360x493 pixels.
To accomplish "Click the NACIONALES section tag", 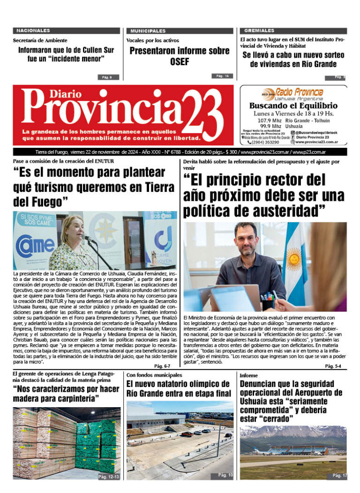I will [x=33, y=30].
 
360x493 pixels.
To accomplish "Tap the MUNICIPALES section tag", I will [x=148, y=30].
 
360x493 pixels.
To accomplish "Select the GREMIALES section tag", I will [x=257, y=30].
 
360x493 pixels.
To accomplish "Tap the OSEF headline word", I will [x=180, y=61].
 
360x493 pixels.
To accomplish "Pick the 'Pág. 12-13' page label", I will [x=109, y=477].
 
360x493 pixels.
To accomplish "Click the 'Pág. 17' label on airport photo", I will [x=339, y=476].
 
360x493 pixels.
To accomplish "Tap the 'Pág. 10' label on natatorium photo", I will [x=225, y=476].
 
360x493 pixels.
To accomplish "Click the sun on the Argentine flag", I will [x=294, y=258].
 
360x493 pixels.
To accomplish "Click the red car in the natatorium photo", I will [x=187, y=434].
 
